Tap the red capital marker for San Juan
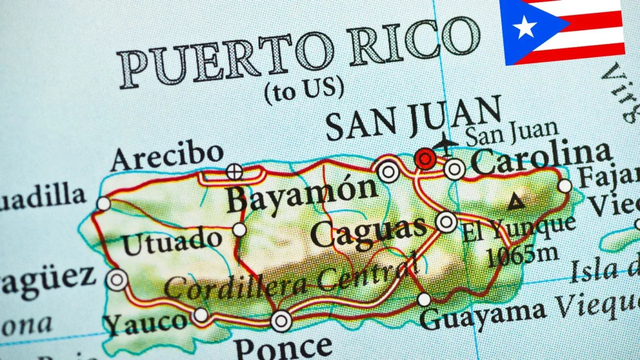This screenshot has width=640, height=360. click(x=425, y=158)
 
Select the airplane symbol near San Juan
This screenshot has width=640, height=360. click(x=445, y=144)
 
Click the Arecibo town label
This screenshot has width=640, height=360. click(x=167, y=156)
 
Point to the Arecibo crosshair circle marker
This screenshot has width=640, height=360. click(x=234, y=172)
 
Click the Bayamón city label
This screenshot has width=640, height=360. click(x=302, y=193)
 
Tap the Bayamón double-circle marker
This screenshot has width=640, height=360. click(x=388, y=171)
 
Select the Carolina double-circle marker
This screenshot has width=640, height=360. click(x=455, y=169)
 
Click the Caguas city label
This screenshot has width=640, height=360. click(x=368, y=233)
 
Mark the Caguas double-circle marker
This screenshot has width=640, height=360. click(x=447, y=222)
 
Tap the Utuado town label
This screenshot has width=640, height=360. click(x=172, y=243)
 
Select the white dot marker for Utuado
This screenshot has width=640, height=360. click(x=239, y=229)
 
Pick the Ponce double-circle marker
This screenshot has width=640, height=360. click(x=281, y=321)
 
